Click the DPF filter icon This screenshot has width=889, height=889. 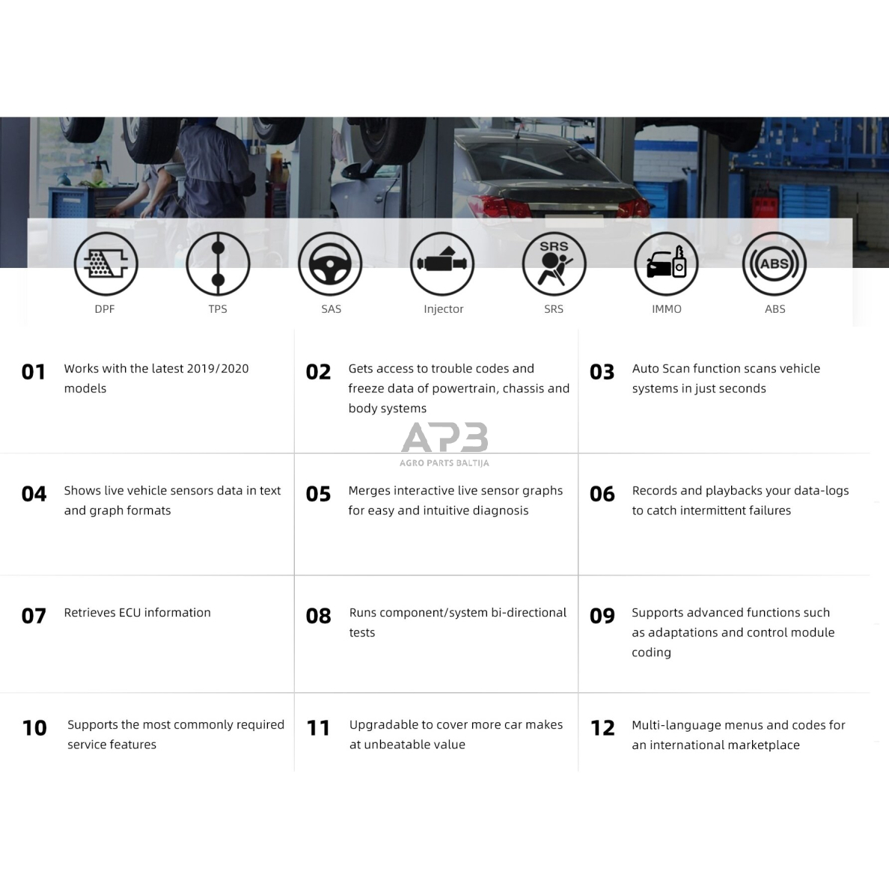tap(106, 264)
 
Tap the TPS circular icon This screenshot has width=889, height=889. tap(218, 264)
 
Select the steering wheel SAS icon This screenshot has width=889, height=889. tap(330, 264)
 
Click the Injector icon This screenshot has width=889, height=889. tap(442, 264)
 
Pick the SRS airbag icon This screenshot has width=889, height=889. tap(554, 264)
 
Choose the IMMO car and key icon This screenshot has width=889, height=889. tap(666, 264)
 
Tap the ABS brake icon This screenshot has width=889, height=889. tap(775, 264)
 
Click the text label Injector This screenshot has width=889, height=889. tap(443, 309)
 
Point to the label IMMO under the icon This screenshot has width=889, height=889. tap(666, 309)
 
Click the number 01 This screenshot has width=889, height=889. tap(34, 372)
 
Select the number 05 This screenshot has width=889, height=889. tap(318, 494)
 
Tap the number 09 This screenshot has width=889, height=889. tap(602, 616)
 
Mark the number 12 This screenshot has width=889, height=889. tap(602, 728)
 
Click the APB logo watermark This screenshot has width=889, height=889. tap(444, 438)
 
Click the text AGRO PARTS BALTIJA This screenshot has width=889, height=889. tap(444, 463)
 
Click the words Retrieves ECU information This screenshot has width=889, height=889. tap(137, 612)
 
